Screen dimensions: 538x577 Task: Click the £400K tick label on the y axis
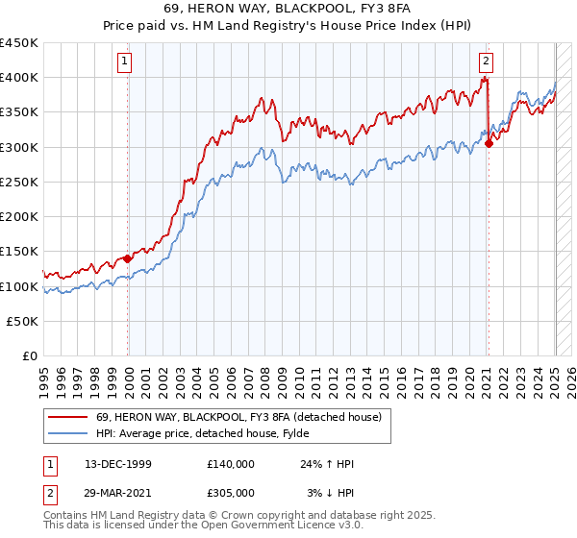(19, 78)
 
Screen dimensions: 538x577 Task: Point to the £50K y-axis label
(23, 322)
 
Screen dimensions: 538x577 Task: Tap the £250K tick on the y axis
(19, 183)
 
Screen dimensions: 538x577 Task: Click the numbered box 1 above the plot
(126, 61)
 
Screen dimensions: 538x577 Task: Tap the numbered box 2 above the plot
(487, 61)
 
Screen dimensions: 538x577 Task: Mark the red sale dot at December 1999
(128, 258)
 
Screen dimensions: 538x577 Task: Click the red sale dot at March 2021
(489, 144)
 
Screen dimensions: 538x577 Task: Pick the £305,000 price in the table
(231, 492)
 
